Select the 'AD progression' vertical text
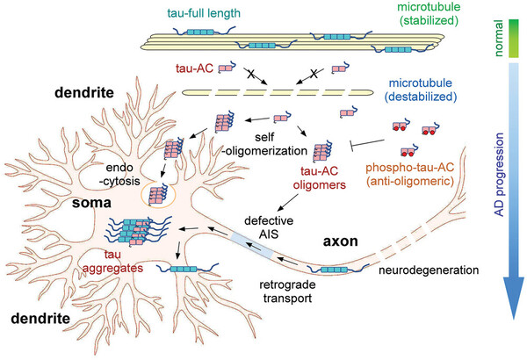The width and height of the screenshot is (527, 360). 504,181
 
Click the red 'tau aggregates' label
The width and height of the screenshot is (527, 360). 84,259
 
